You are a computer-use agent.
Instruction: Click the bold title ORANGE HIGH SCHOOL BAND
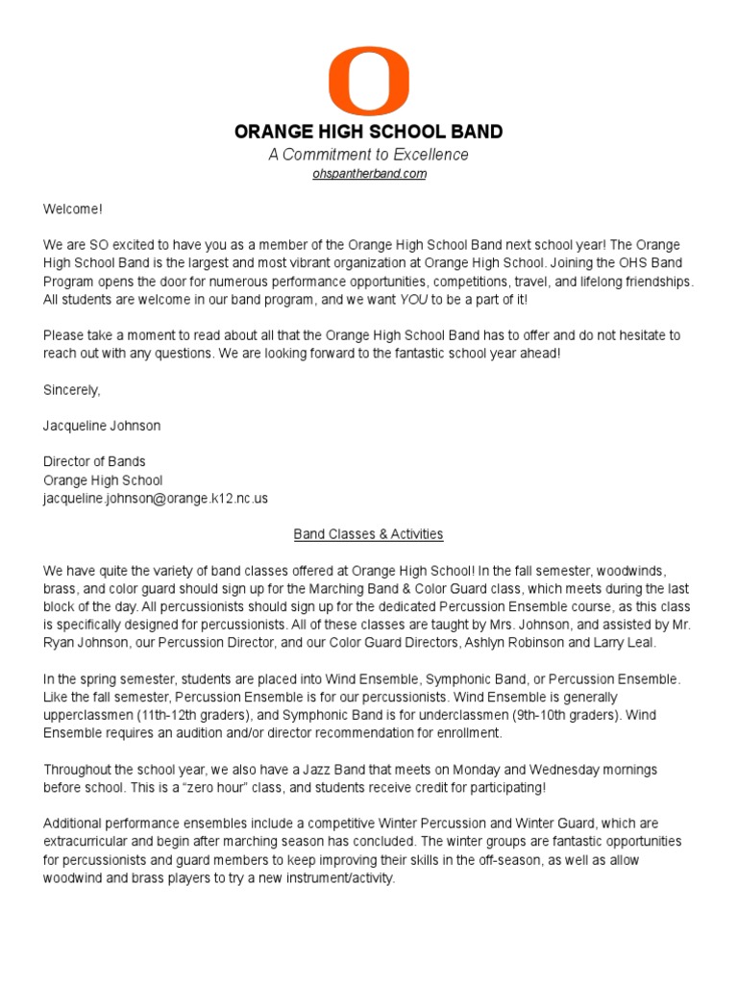pos(369,132)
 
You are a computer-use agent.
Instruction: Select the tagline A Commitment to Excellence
pos(369,155)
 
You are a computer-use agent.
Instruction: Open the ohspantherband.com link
pos(369,174)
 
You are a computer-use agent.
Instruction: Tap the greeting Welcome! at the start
pos(72,209)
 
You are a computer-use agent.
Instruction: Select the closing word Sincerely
pos(71,389)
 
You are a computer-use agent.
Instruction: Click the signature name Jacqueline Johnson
pos(101,425)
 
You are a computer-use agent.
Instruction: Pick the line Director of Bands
pos(94,461)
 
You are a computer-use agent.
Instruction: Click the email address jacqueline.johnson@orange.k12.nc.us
pos(155,498)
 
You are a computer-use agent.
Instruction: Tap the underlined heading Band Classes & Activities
pos(369,534)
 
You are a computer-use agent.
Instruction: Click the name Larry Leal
pos(629,643)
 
